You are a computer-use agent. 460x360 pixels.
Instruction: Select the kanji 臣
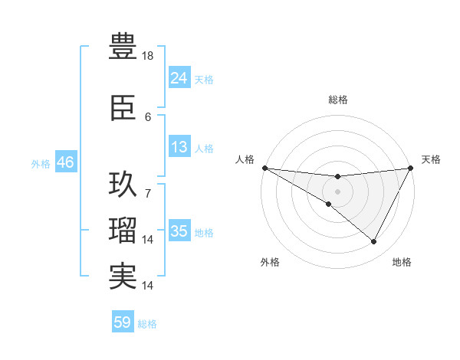tap(123, 110)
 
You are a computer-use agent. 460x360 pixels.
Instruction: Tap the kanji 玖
tap(123, 185)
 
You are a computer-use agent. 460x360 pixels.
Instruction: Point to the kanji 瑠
tap(123, 231)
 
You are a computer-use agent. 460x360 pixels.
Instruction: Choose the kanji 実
tap(123, 277)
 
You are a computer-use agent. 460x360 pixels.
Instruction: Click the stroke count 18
tap(149, 56)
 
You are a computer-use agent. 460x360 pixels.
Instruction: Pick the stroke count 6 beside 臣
tap(148, 117)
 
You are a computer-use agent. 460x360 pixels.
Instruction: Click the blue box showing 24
tap(179, 77)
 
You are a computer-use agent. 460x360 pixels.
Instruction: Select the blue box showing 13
tap(179, 147)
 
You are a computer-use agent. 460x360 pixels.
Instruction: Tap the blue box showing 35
tap(179, 231)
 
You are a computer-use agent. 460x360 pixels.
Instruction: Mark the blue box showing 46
tap(65, 162)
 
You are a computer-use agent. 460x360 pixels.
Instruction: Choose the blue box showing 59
tap(122, 322)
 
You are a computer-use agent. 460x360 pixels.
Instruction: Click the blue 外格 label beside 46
tap(41, 163)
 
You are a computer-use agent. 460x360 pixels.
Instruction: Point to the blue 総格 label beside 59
tap(147, 324)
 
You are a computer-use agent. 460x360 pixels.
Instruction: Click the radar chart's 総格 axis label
tap(337, 100)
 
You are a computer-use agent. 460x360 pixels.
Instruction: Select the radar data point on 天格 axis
tap(410, 168)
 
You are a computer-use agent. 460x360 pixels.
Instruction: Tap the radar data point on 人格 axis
tap(264, 168)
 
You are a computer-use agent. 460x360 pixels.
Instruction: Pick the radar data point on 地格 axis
tap(374, 242)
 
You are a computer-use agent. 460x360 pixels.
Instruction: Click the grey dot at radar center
tap(337, 191)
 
